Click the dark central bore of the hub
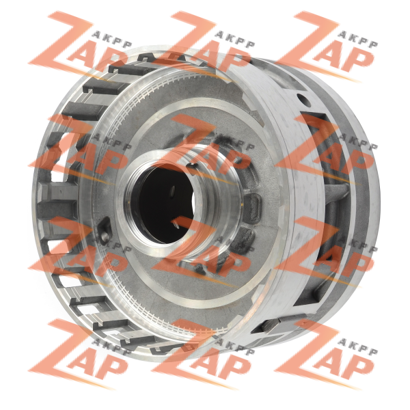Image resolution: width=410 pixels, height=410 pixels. point(163,204)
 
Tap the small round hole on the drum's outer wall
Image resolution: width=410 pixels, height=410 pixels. point(304,99)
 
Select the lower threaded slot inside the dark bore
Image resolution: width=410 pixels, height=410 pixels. point(175,223)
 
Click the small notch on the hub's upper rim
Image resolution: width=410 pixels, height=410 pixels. point(193,165)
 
